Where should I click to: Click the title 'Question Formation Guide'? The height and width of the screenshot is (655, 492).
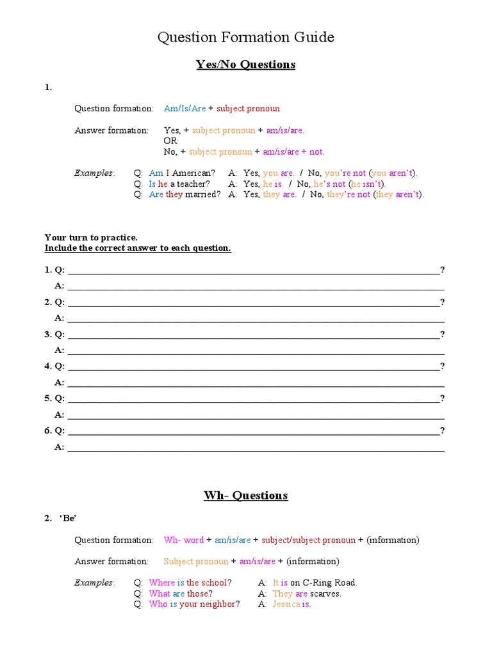(x=246, y=38)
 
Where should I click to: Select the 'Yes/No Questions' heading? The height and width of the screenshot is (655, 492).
(x=246, y=65)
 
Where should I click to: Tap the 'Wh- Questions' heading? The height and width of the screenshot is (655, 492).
(x=246, y=496)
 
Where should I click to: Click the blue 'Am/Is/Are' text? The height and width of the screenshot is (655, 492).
(x=184, y=109)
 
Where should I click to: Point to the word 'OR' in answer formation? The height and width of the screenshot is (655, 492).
(x=170, y=141)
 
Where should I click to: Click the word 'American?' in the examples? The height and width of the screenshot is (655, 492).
(x=193, y=173)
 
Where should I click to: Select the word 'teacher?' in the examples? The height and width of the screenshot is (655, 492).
(x=193, y=184)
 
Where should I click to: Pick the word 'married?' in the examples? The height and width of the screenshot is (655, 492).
(x=203, y=194)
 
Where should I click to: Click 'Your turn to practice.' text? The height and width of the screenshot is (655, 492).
(x=91, y=237)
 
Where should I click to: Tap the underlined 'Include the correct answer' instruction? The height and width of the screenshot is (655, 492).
(x=138, y=248)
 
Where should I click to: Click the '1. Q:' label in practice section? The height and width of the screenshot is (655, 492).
(x=54, y=270)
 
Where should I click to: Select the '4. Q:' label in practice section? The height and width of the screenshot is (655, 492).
(x=54, y=367)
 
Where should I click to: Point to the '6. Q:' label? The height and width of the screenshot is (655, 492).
(x=54, y=431)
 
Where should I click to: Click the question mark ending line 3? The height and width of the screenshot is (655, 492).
(x=442, y=335)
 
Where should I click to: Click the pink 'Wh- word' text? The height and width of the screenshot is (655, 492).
(x=184, y=541)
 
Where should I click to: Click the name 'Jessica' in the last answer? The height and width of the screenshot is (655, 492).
(x=286, y=604)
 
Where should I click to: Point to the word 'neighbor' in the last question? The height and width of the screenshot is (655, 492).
(x=217, y=604)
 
